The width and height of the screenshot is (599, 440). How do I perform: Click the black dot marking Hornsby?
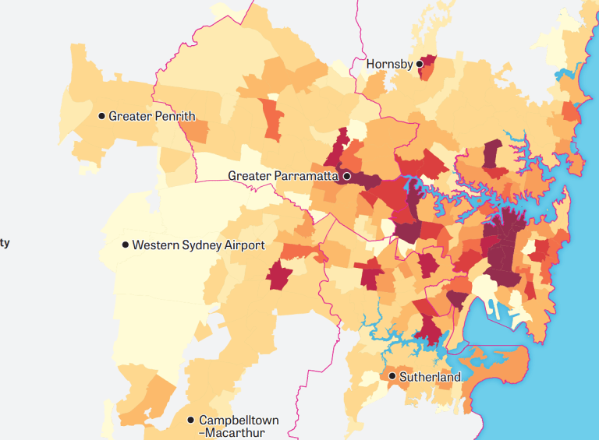pyautogui.click(x=419, y=64)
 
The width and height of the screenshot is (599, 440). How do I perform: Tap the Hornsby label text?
pyautogui.click(x=389, y=64)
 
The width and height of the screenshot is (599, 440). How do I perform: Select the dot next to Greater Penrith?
pyautogui.click(x=101, y=116)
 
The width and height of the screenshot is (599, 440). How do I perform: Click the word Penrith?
pyautogui.click(x=173, y=116)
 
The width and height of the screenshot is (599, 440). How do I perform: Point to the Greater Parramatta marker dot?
pyautogui.click(x=347, y=176)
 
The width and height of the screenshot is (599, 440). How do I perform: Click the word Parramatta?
pyautogui.click(x=306, y=176)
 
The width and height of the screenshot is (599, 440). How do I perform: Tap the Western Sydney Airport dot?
pyautogui.click(x=125, y=245)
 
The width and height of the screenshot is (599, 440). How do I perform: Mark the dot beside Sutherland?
pyautogui.click(x=392, y=376)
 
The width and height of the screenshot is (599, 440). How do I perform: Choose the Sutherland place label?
pyautogui.click(x=430, y=377)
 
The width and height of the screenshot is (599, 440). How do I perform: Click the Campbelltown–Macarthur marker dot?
pyautogui.click(x=190, y=420)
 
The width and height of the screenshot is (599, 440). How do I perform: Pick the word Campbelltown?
pyautogui.click(x=239, y=420)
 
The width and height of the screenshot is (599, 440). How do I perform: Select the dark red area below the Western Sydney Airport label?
pyautogui.click(x=278, y=276)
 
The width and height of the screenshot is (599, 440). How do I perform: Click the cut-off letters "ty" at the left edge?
pyautogui.click(x=5, y=243)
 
